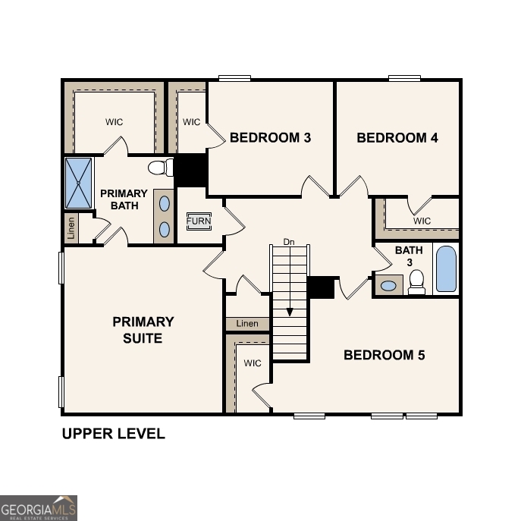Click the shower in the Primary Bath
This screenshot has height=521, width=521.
[78, 183]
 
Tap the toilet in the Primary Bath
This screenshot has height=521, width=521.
[159, 168]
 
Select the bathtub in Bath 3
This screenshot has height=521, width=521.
[447, 268]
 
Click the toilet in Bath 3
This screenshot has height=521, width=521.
[416, 282]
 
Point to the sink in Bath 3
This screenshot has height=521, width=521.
[389, 286]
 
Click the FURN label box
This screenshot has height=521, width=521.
[199, 221]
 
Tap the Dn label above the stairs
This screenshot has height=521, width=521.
[288, 242]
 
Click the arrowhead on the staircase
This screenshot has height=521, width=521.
[289, 312]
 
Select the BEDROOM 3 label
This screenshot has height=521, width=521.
[270, 138]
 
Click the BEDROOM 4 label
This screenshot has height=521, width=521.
[397, 138]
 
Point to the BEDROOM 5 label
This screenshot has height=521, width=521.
[384, 355]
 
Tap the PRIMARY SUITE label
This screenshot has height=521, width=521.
[143, 330]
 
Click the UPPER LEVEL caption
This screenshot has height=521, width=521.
[113, 435]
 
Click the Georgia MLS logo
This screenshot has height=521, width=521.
[39, 507]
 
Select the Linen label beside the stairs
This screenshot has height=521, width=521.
[247, 324]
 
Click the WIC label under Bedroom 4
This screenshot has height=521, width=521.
[422, 221]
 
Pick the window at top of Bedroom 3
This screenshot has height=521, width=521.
[234, 77]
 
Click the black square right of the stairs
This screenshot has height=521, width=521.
[321, 287]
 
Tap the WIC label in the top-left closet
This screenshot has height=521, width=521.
[114, 122]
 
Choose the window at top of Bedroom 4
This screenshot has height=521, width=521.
[404, 77]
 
